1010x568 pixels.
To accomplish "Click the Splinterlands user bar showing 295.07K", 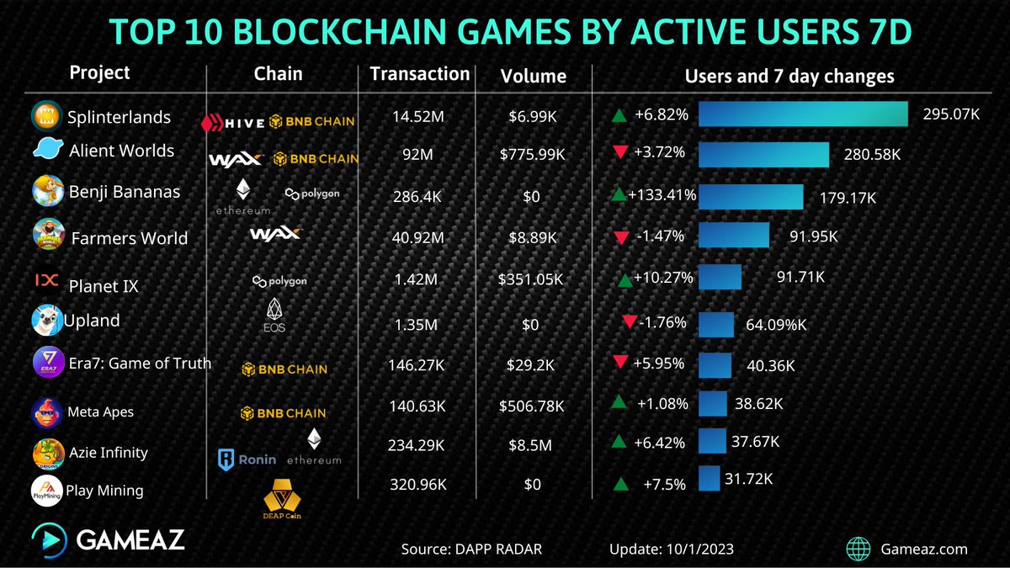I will click(x=802, y=114).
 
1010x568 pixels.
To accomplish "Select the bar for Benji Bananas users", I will click(x=750, y=196).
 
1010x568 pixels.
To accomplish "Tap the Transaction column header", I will click(x=419, y=74).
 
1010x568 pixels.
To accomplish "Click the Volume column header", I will click(x=533, y=77).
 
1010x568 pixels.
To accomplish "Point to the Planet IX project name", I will click(x=103, y=286).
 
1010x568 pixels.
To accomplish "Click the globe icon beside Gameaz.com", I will click(x=858, y=549).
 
